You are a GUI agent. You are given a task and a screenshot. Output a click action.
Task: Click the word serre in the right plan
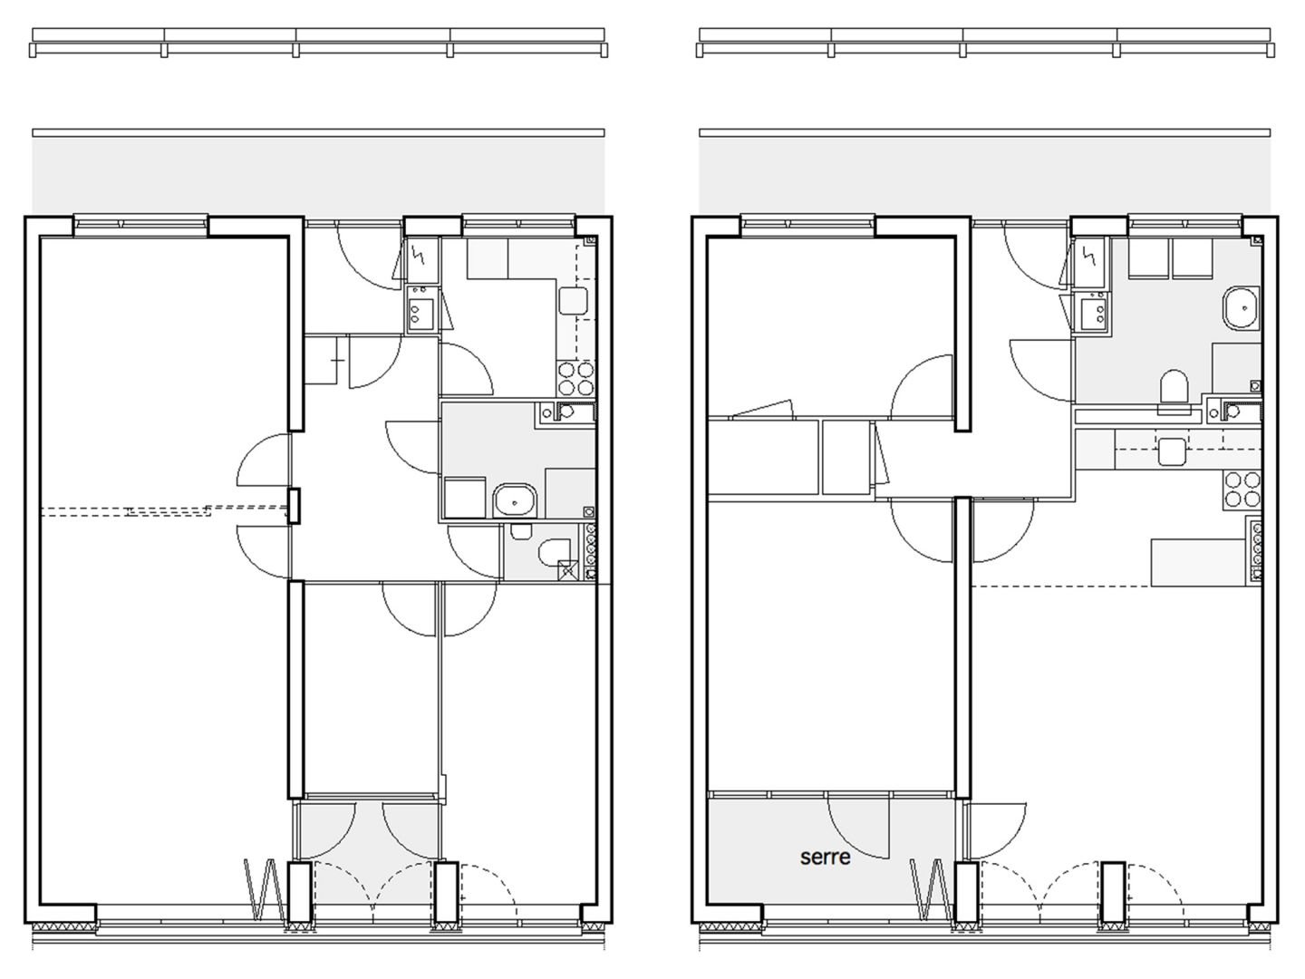coord(826,858)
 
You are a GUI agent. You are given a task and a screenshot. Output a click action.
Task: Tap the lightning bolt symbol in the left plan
coord(420,255)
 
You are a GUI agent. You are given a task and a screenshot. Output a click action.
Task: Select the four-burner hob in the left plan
coord(576,379)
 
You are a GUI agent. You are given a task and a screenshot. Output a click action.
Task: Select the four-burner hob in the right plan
coord(1242,489)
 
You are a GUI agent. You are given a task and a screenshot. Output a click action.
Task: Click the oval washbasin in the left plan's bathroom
coord(515,499)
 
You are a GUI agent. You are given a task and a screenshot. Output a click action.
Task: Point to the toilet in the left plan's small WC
coord(554,552)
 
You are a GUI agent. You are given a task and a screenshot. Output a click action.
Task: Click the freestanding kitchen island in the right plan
coord(1197,562)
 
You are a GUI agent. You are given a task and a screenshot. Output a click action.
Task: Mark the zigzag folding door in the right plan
coord(933,889)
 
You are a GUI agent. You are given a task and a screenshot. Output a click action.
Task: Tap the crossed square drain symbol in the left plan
coord(568,571)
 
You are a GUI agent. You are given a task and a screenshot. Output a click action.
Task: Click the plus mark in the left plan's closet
coord(338,361)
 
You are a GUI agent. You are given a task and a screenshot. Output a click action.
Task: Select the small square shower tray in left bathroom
coord(464,499)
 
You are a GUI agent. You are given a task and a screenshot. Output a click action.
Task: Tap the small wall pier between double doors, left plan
coord(294,505)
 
